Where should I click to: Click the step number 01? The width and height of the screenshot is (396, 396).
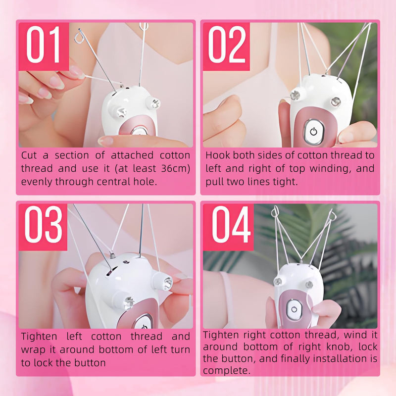tap(44, 45)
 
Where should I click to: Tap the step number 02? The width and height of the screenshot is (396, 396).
tap(226, 45)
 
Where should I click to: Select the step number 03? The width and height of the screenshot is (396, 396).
tap(44, 224)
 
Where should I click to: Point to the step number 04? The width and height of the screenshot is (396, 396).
tap(231, 224)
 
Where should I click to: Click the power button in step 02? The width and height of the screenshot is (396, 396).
tap(313, 131)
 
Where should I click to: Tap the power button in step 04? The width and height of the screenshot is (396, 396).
tap(294, 309)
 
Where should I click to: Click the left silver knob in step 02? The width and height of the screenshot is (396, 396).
tap(295, 96)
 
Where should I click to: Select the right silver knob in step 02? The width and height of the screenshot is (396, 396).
tap(336, 101)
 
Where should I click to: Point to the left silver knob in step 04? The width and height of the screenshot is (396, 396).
tap(278, 281)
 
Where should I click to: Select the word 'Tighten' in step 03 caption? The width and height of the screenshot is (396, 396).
tap(39, 337)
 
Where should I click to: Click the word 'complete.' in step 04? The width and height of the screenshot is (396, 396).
tap(227, 371)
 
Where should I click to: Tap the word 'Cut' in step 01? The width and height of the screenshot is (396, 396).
tap(29, 155)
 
